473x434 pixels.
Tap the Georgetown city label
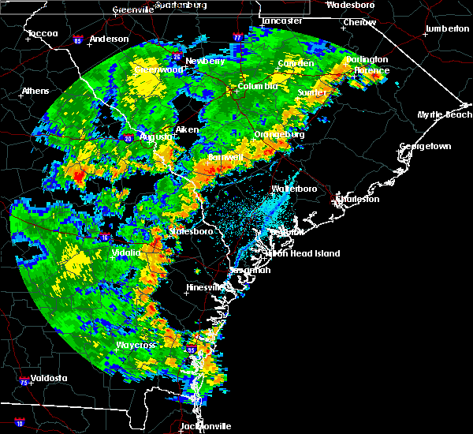click(425, 147)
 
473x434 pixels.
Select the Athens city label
click(35, 91)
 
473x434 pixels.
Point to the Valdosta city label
click(46, 378)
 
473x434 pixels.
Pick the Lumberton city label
click(446, 28)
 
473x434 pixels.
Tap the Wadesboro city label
click(350, 5)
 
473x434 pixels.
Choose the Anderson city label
click(109, 39)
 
